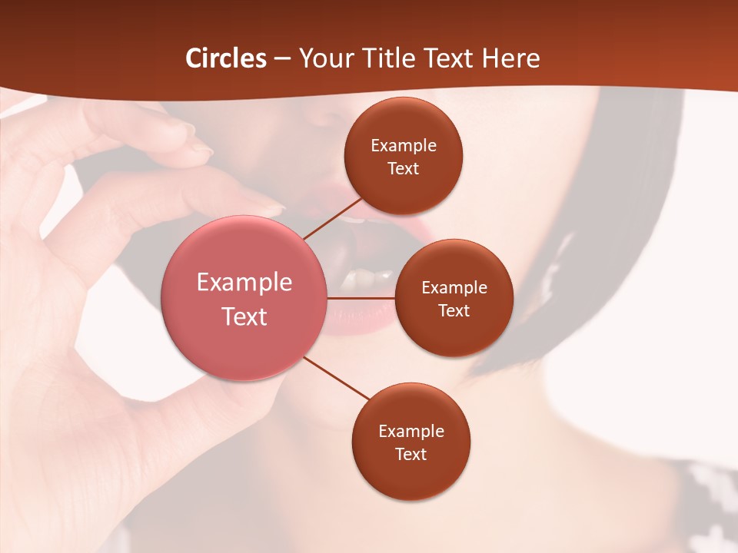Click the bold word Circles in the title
[x=226, y=58]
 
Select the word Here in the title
[x=510, y=58]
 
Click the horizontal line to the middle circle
[x=361, y=298]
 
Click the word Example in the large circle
[x=244, y=283]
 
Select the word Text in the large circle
[x=244, y=316]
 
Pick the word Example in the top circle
[x=404, y=146]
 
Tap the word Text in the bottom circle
[x=411, y=454]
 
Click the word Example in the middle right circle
[x=454, y=287]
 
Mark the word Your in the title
[x=326, y=58]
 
